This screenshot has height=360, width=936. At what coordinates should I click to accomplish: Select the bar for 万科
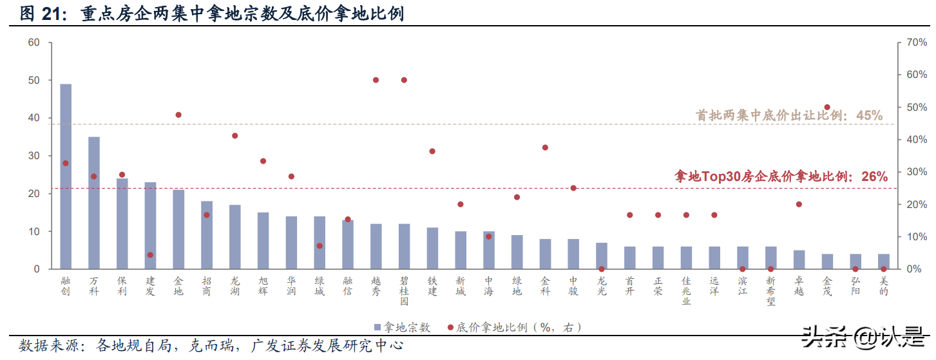click(94, 202)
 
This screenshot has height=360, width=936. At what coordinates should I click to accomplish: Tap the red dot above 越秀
click(376, 80)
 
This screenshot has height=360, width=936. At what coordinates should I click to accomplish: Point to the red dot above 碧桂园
click(404, 80)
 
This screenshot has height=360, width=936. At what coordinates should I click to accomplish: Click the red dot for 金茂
click(827, 107)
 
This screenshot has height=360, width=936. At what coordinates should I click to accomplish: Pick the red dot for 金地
click(178, 115)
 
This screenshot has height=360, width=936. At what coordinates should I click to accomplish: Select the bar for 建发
click(150, 225)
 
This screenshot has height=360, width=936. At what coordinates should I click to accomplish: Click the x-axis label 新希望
click(770, 291)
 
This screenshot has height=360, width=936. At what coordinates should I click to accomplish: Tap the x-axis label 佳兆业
click(686, 291)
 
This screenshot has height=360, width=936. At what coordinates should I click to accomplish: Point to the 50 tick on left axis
click(33, 81)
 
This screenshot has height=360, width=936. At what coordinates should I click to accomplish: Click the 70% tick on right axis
click(916, 43)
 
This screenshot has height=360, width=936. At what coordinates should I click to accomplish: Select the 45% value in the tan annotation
click(869, 115)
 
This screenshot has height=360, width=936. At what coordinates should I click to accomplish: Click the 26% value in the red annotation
click(874, 176)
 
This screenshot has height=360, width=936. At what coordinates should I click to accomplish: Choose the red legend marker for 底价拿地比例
click(451, 327)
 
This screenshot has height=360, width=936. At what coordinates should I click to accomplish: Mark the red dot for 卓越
click(799, 204)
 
